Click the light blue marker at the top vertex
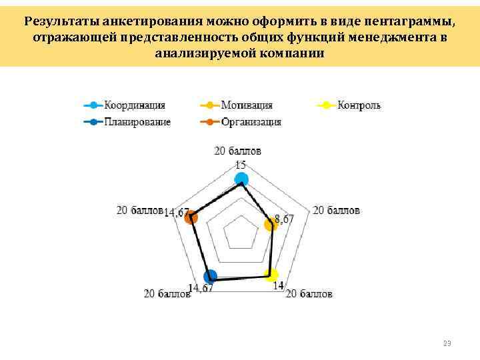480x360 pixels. click(x=242, y=179)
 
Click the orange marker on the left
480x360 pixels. click(x=191, y=217)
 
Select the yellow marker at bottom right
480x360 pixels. click(x=271, y=275)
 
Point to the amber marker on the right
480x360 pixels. click(x=270, y=225)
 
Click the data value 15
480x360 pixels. click(x=241, y=165)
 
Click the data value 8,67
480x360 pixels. click(x=283, y=219)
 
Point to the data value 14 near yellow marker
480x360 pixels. click(x=279, y=286)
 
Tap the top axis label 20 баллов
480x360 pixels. click(x=238, y=151)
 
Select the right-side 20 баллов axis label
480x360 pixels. click(x=336, y=210)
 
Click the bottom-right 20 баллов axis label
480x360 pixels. click(x=309, y=294)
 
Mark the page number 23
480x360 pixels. click(x=447, y=344)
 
